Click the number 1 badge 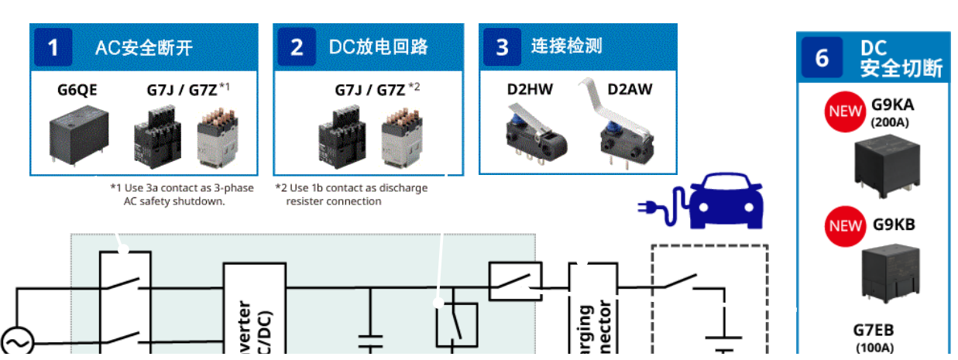tap(53, 47)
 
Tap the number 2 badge tap(297, 47)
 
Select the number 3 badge tap(503, 47)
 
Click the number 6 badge tap(822, 58)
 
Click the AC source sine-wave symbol tap(16, 341)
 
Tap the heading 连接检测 tap(566, 46)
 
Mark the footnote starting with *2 tap(351, 194)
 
